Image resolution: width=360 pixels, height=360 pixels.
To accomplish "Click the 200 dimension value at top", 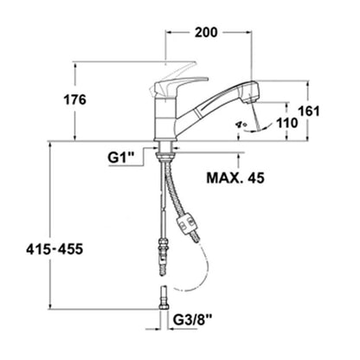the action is [206, 32].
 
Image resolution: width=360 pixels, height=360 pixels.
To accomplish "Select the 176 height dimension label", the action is [74, 100].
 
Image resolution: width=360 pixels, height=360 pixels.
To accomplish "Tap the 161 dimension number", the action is [309, 111].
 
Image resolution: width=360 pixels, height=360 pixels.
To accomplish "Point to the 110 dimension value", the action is [287, 123].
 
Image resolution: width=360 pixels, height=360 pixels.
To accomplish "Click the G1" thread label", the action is [121, 158].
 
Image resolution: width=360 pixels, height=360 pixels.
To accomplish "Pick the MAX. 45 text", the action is [235, 178].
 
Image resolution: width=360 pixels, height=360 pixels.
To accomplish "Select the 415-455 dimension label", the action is [55, 249].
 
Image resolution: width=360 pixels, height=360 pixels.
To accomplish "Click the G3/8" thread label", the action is [193, 319].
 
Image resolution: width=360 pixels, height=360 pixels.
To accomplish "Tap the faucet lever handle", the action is [179, 86].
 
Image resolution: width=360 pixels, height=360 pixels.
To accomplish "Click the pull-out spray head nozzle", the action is [250, 93].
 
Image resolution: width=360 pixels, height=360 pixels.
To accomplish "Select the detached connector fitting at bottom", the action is [164, 298].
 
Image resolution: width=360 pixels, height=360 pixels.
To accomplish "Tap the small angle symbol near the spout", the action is [241, 125].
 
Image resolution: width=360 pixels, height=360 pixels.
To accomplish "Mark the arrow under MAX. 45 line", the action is [239, 161].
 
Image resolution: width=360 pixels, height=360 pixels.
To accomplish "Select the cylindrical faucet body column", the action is [164, 119].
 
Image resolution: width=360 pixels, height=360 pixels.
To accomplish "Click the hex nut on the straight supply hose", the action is [164, 242].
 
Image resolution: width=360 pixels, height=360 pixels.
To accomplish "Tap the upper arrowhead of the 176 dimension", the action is [75, 66].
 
